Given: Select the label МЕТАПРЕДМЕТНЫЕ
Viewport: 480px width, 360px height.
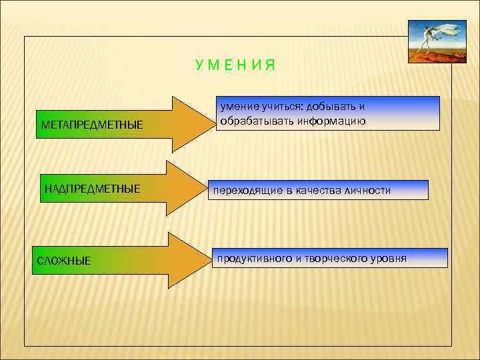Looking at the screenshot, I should tap(92, 125).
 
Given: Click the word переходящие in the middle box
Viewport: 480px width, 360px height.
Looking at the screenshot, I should tap(244, 191).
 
